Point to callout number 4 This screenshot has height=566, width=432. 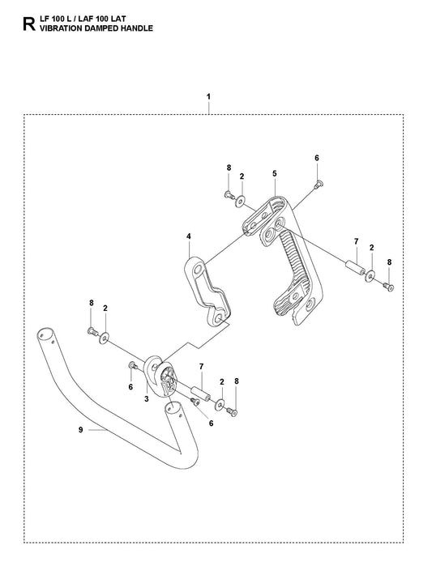188,237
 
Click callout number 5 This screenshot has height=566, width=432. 275,173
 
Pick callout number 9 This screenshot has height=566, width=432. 80,430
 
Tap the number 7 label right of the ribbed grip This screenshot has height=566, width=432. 355,241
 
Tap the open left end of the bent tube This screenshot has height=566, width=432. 43,333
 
